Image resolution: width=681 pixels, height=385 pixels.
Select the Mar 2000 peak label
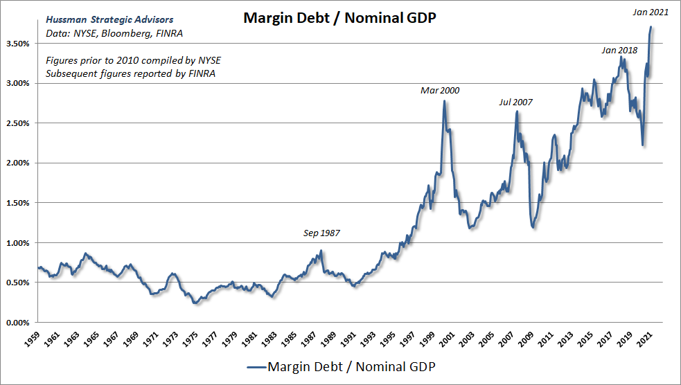click(440, 91)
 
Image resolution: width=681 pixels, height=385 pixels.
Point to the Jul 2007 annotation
click(516, 102)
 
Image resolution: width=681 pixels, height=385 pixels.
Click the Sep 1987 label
click(322, 233)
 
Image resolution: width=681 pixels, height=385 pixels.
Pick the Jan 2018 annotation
click(619, 51)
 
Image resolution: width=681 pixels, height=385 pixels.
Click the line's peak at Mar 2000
click(444, 102)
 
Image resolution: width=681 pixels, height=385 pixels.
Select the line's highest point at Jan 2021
click(651, 27)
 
